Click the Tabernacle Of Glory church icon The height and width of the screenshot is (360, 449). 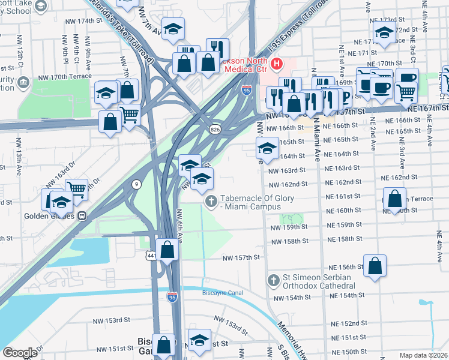(210, 201)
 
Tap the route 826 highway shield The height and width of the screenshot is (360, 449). (214, 130)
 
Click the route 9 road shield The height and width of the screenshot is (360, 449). (137, 185)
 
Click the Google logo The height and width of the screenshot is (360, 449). (20, 353)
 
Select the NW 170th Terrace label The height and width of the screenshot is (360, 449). (64, 76)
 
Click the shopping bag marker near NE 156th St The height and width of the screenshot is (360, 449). (375, 266)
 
